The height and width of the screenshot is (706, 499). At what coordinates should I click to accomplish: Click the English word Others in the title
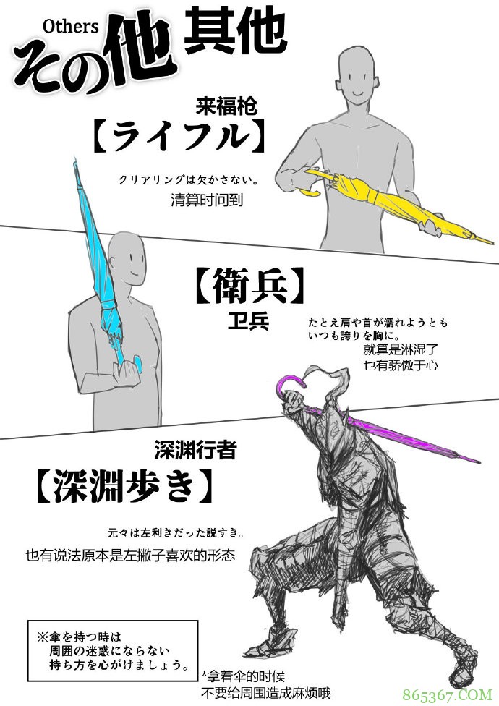70,27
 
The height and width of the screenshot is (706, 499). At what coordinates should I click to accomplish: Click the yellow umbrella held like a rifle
391,206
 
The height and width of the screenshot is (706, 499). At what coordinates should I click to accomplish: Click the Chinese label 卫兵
247,320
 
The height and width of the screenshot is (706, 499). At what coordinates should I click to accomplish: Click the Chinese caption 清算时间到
206,200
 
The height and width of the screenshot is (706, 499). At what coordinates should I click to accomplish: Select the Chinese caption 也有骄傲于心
401,365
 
